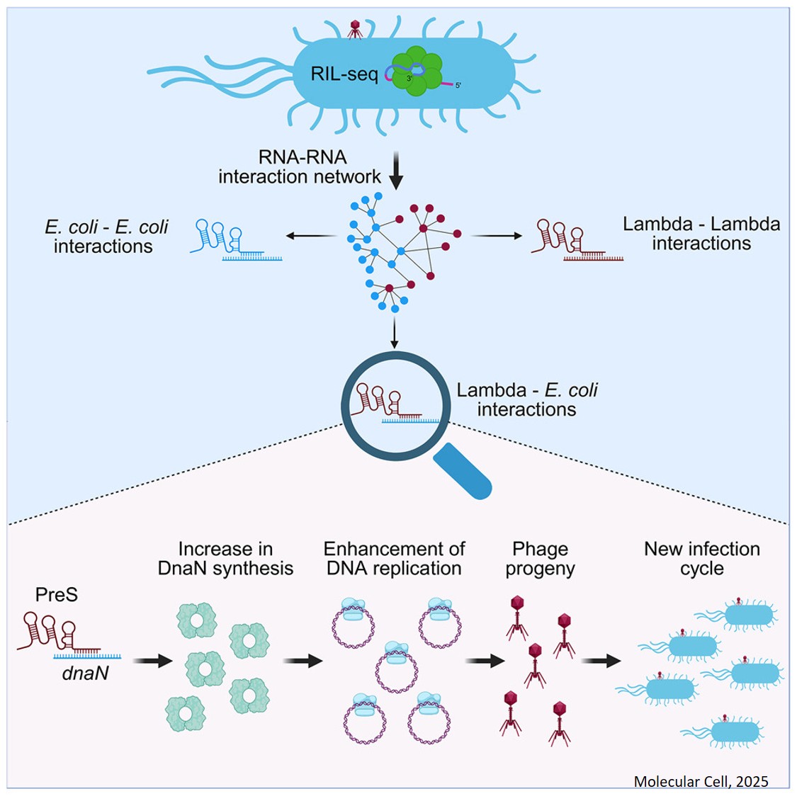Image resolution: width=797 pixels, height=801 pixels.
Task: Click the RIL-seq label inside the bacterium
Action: click(x=344, y=74)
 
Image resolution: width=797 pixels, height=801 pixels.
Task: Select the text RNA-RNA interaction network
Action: click(x=300, y=166)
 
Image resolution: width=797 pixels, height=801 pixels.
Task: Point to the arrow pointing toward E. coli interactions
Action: click(x=310, y=236)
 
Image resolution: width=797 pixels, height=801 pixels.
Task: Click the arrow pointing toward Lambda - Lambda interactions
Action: click(x=496, y=236)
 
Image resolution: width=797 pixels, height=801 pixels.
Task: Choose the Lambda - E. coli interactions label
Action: click(x=526, y=399)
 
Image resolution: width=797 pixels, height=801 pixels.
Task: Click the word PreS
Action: click(x=57, y=595)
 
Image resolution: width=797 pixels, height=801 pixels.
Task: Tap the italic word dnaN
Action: click(x=86, y=673)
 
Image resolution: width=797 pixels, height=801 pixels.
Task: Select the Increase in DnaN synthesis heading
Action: click(x=225, y=559)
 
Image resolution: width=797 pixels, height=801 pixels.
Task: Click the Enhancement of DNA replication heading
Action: click(x=394, y=559)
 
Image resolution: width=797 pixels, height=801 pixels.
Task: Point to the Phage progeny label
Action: click(x=540, y=559)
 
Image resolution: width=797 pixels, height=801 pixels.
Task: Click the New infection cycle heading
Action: click(x=701, y=559)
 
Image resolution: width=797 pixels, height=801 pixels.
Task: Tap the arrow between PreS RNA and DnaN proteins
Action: click(x=153, y=661)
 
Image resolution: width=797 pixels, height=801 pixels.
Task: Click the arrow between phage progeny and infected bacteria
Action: click(x=601, y=661)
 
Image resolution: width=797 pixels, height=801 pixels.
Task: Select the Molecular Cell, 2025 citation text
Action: click(x=701, y=781)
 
